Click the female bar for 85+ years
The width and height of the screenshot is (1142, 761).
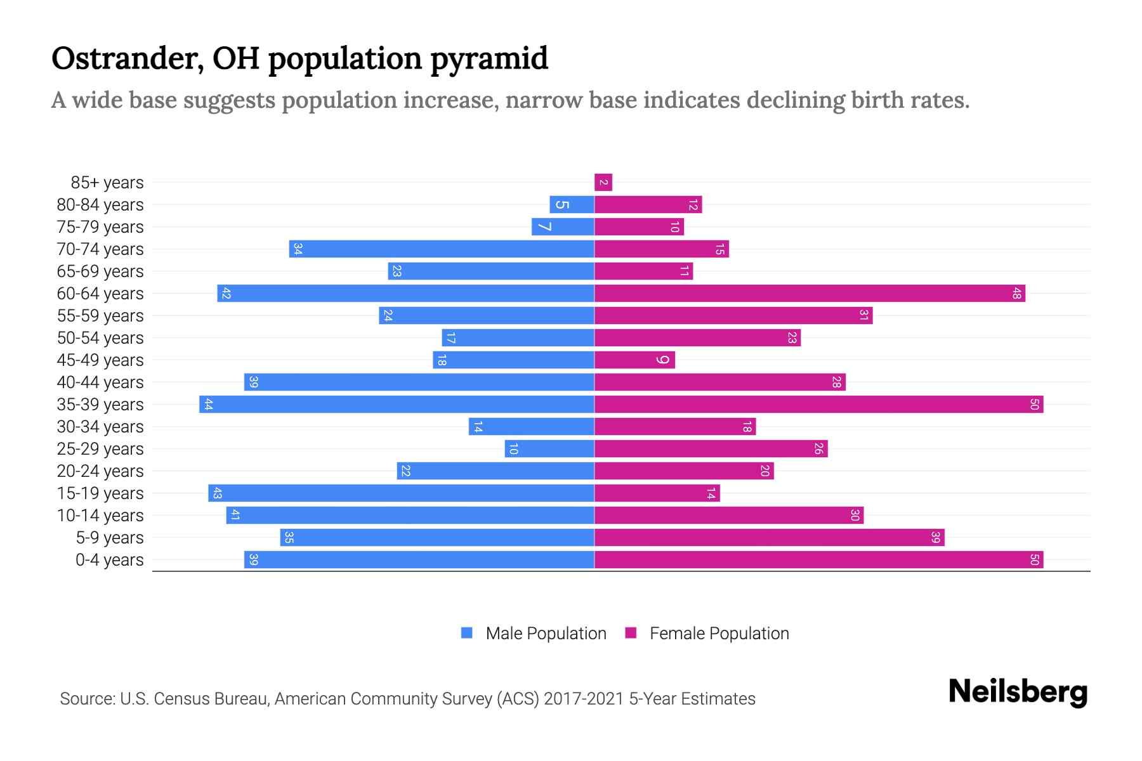click(x=603, y=183)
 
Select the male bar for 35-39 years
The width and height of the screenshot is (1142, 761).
click(x=397, y=405)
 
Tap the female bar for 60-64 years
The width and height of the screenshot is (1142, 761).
click(x=809, y=294)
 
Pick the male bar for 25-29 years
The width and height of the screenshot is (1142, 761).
click(x=549, y=449)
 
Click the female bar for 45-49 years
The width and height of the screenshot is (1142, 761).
click(x=634, y=360)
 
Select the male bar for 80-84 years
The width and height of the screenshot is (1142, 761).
click(x=572, y=205)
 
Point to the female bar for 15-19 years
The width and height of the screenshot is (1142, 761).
click(x=657, y=493)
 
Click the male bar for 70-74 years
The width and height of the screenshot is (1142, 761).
click(x=442, y=249)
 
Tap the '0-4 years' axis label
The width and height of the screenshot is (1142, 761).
click(x=109, y=560)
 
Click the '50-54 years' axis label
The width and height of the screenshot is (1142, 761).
click(x=100, y=338)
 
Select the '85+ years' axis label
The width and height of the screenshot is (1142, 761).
click(x=107, y=183)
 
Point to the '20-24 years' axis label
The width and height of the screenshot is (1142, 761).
click(x=100, y=471)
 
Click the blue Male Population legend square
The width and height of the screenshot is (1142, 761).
click(x=467, y=633)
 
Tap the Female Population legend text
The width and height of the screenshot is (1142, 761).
click(x=719, y=634)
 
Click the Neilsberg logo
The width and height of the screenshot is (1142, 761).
click(x=1018, y=692)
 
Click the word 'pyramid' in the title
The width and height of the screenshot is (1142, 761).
click(x=489, y=59)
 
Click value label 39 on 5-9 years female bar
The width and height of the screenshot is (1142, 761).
click(x=935, y=538)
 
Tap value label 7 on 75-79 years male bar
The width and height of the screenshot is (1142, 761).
click(x=544, y=227)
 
